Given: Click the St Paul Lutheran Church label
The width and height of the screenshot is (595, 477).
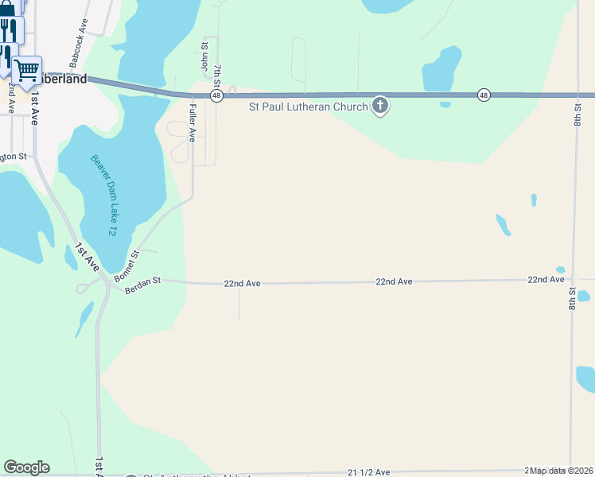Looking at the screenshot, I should pyautogui.click(x=308, y=107).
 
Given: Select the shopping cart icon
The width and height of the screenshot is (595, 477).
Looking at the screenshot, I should pyautogui.click(x=27, y=70).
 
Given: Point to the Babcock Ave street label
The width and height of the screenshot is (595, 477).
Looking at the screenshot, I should pyautogui.click(x=76, y=47).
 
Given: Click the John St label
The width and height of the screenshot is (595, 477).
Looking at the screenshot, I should pyautogui.click(x=204, y=60).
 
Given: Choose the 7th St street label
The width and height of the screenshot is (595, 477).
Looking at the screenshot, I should pyautogui.click(x=217, y=78).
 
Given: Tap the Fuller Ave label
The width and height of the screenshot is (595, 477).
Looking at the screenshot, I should pyautogui.click(x=192, y=125).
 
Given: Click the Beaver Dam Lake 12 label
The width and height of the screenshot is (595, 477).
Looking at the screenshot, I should pyautogui.click(x=103, y=194).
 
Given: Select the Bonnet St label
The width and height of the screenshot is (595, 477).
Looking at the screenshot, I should pyautogui.click(x=126, y=266).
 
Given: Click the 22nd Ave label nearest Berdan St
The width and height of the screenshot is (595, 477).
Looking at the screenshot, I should pyautogui.click(x=242, y=283).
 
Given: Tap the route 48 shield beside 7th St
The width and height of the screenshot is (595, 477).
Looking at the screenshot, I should pyautogui.click(x=216, y=95).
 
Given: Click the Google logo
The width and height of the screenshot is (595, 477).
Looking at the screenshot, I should pyautogui.click(x=26, y=467).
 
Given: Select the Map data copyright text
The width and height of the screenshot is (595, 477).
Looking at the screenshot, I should pyautogui.click(x=560, y=471).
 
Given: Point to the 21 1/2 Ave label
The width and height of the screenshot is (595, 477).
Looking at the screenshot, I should pyautogui.click(x=369, y=472).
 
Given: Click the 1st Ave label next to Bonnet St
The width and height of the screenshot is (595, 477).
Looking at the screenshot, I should pyautogui.click(x=87, y=259).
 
